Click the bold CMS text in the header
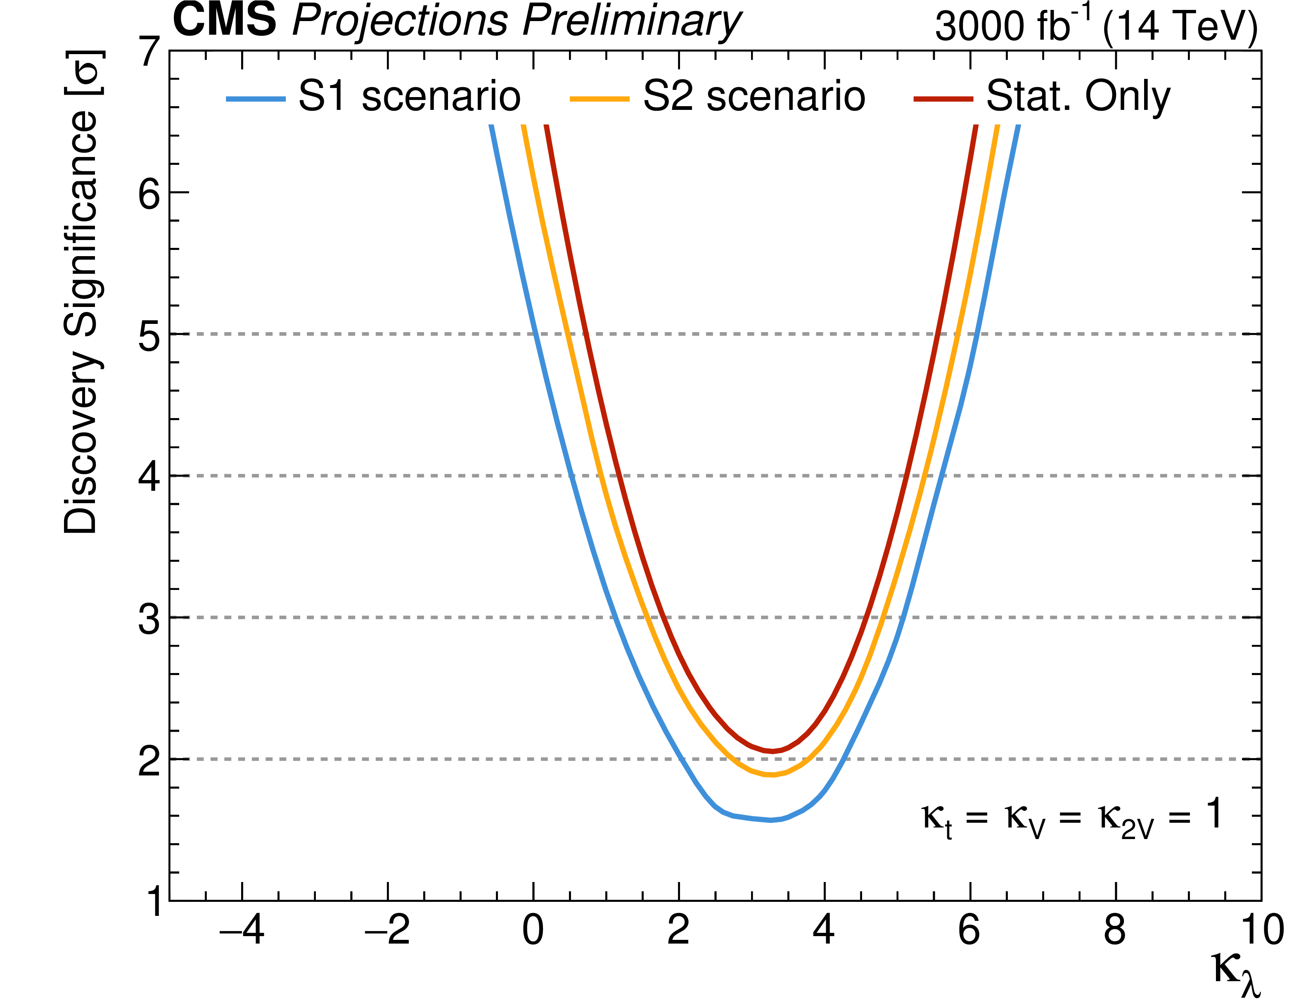(x=225, y=20)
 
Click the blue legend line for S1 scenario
(x=256, y=99)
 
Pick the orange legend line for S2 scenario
(x=599, y=99)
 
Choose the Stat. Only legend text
(x=1078, y=97)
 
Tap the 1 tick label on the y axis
(x=154, y=901)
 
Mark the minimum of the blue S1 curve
(x=771, y=820)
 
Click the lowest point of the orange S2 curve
(x=772, y=775)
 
